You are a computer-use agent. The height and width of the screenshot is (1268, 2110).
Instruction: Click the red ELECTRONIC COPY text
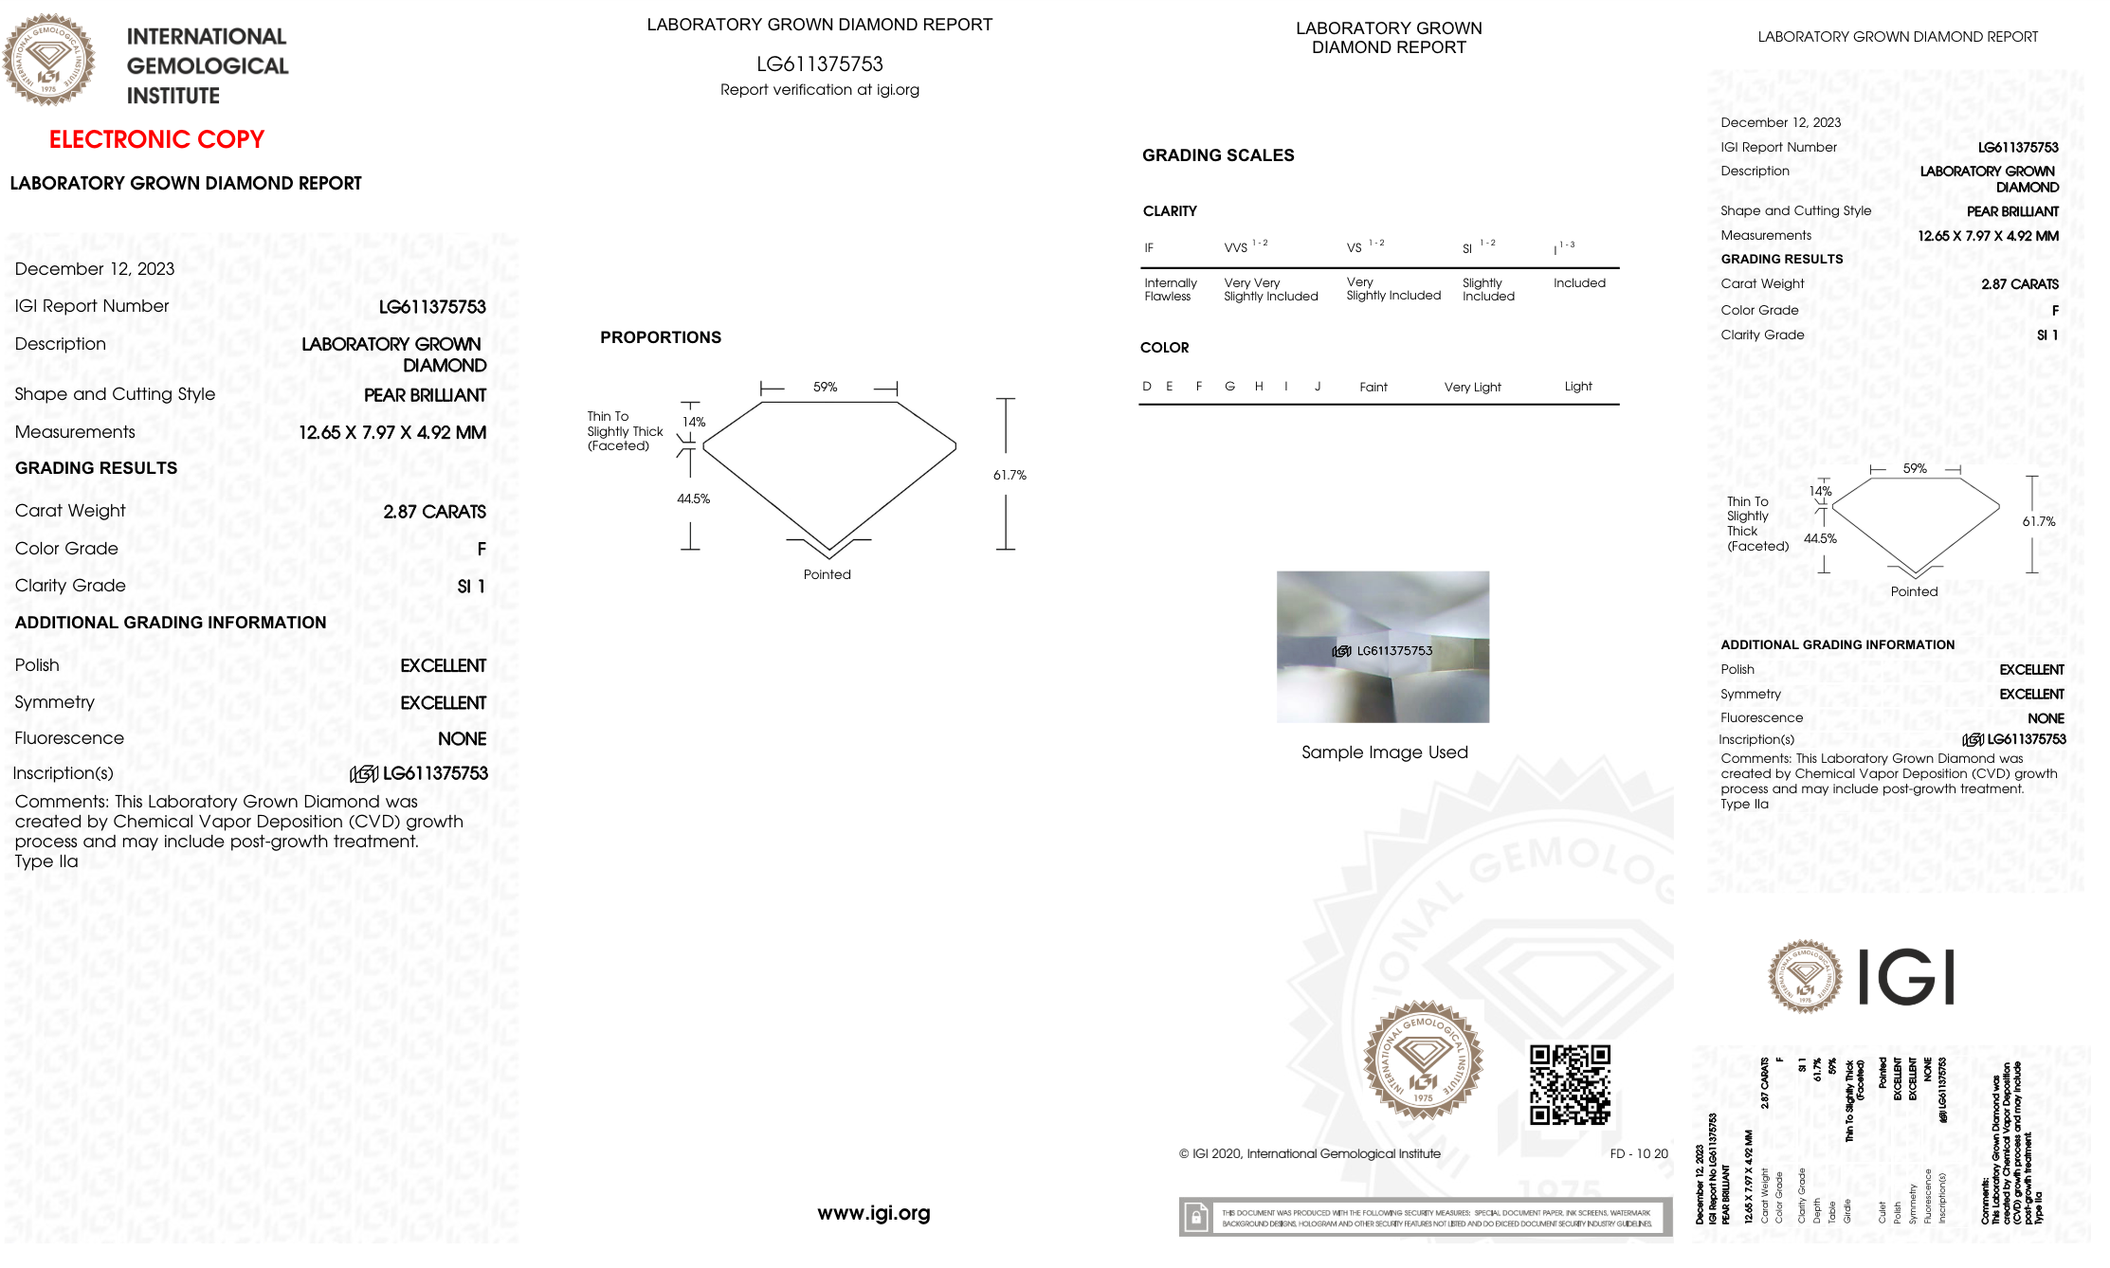[x=156, y=139]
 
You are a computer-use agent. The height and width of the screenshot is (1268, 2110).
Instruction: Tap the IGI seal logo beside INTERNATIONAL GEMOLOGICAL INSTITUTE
[x=48, y=60]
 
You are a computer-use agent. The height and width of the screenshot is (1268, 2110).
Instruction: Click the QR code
[x=1570, y=1084]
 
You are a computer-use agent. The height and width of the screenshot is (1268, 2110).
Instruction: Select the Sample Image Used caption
[x=1384, y=752]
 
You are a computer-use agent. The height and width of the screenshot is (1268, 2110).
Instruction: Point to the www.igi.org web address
[x=873, y=1213]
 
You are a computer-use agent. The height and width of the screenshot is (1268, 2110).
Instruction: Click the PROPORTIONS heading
[x=661, y=337]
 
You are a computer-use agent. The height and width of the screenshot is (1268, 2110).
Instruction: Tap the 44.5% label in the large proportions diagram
[x=693, y=498]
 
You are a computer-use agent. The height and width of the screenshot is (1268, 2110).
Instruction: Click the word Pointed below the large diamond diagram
[x=827, y=574]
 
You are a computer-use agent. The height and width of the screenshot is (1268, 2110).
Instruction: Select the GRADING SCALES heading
[x=1218, y=155]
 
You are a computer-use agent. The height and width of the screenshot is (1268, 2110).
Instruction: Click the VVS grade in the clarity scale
[x=1236, y=247]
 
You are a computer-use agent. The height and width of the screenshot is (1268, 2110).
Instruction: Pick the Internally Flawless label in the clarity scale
[x=1170, y=289]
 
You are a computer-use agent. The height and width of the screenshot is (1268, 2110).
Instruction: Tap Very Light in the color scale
[x=1472, y=387]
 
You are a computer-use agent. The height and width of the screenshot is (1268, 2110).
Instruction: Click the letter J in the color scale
[x=1318, y=387]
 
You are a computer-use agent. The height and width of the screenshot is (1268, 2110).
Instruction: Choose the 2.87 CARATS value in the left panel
[x=434, y=512]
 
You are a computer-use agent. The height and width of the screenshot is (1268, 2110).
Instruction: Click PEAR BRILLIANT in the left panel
[x=425, y=395]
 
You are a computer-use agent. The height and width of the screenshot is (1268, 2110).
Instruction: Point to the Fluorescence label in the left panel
[x=69, y=738]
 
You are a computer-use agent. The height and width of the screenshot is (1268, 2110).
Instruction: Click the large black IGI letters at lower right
[x=1905, y=977]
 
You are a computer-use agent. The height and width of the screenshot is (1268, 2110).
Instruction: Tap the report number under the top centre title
[x=819, y=64]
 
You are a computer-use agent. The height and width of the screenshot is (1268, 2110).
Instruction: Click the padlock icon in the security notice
[x=1196, y=1217]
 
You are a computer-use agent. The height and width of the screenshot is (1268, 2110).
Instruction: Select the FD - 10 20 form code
[x=1638, y=1153]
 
